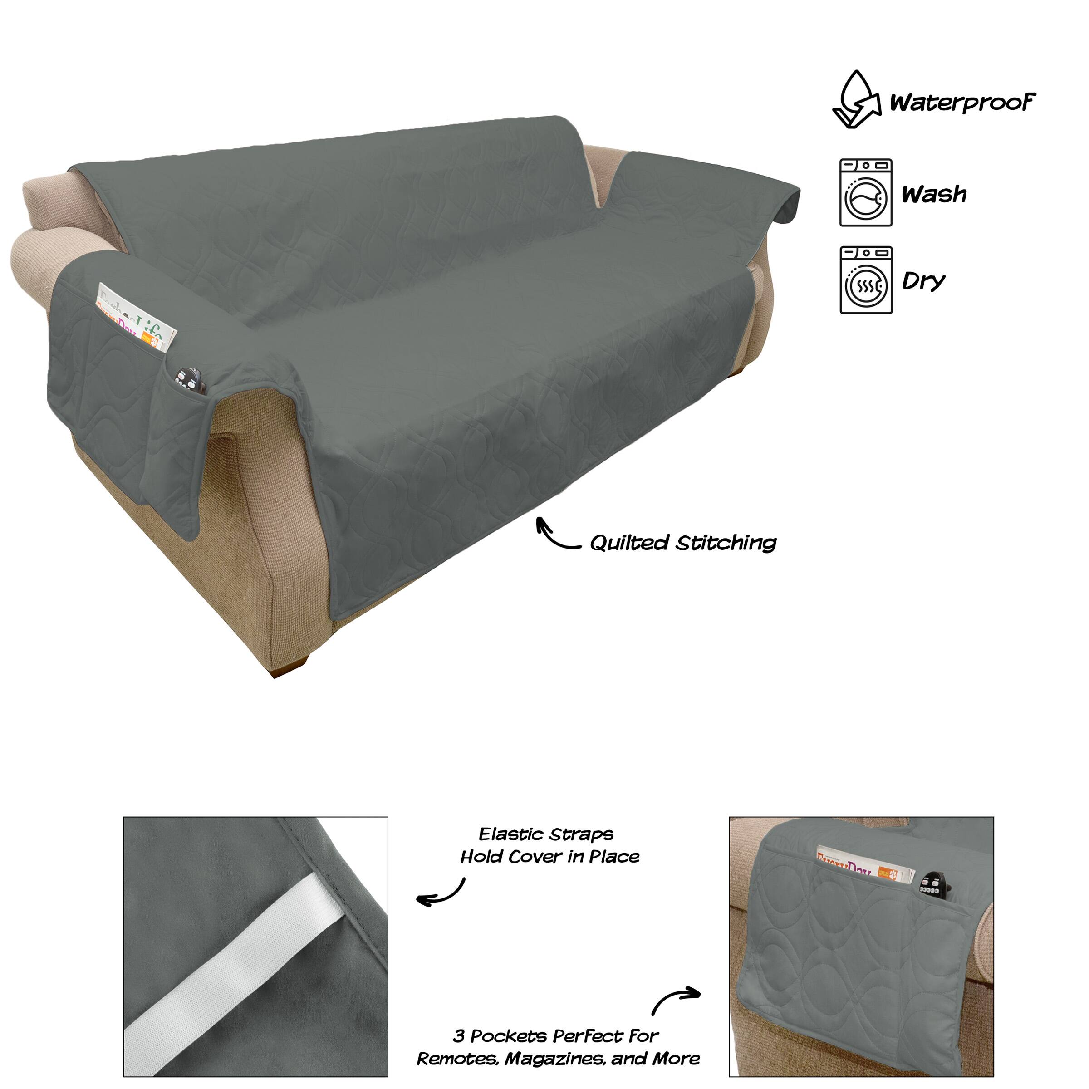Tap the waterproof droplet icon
click(x=857, y=99)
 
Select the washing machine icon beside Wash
click(x=866, y=193)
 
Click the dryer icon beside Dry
click(x=866, y=280)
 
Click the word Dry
click(x=923, y=281)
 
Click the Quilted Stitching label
click(x=683, y=543)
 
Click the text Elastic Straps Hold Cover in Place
click(x=549, y=845)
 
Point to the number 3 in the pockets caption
click(x=459, y=1036)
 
